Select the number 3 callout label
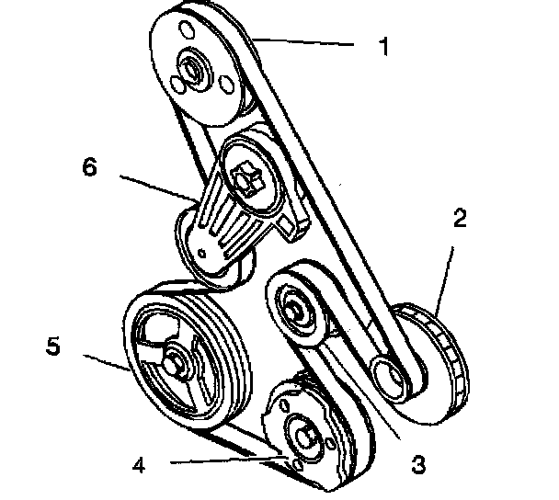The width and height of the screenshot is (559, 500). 418,464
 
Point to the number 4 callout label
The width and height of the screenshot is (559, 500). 138,464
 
